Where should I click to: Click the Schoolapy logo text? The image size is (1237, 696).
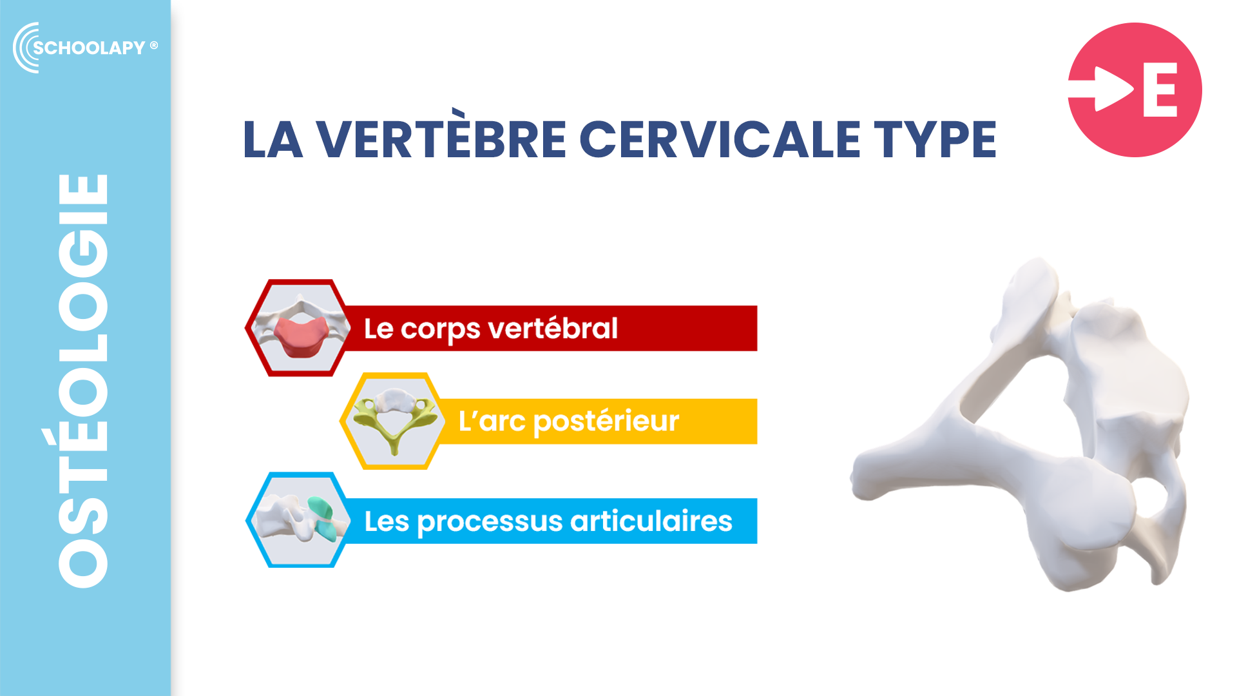pyautogui.click(x=90, y=48)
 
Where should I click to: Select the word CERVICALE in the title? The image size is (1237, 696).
pyautogui.click(x=720, y=139)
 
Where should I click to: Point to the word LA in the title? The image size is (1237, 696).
pyautogui.click(x=273, y=139)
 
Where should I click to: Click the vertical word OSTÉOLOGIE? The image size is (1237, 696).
pyautogui.click(x=83, y=380)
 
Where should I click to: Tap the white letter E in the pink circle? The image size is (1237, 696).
pyautogui.click(x=1160, y=90)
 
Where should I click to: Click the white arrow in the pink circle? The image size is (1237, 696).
pyautogui.click(x=1100, y=89)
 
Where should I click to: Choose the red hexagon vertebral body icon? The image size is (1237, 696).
pyautogui.click(x=297, y=327)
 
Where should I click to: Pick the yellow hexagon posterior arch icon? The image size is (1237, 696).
pyautogui.click(x=392, y=421)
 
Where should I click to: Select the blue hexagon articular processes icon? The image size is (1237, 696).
pyautogui.click(x=298, y=520)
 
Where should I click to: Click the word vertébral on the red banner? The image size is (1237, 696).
pyautogui.click(x=553, y=328)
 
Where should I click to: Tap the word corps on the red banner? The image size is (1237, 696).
pyautogui.click(x=441, y=330)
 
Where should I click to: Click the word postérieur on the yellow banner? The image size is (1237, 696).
pyautogui.click(x=606, y=422)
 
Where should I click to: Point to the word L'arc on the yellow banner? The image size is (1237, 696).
pyautogui.click(x=492, y=421)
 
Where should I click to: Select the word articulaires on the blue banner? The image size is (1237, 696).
pyautogui.click(x=651, y=521)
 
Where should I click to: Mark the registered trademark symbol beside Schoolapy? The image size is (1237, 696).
pyautogui.click(x=154, y=45)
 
